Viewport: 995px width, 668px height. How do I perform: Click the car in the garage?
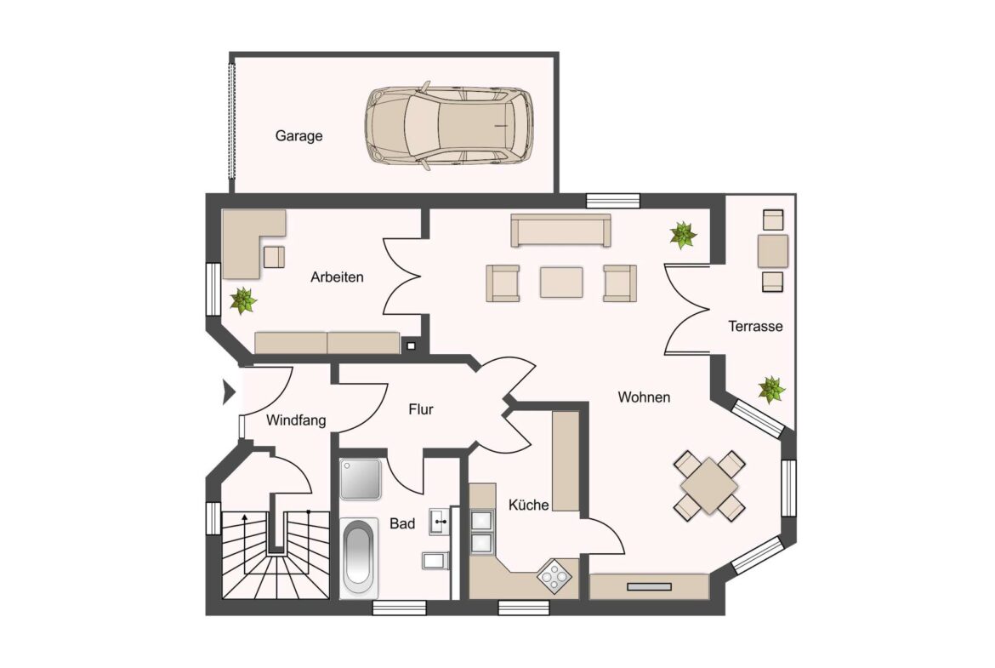(449, 126)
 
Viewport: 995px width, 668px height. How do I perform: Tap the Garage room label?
(298, 136)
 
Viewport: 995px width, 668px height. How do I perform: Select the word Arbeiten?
(337, 277)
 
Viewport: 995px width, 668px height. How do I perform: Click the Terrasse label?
(755, 327)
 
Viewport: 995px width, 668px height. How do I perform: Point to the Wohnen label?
(644, 397)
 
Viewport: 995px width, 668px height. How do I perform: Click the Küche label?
(529, 505)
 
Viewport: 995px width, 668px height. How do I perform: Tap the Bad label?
(402, 524)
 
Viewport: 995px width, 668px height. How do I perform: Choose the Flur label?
(421, 409)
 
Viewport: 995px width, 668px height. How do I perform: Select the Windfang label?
(296, 420)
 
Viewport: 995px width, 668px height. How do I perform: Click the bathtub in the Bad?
(359, 558)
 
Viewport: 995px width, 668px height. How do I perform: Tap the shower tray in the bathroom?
(361, 479)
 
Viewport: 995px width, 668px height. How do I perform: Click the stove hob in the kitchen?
(554, 577)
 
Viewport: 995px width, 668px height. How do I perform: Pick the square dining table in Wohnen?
(708, 487)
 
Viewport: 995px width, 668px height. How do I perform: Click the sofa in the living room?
(561, 230)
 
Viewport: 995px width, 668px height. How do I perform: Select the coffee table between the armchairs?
(561, 282)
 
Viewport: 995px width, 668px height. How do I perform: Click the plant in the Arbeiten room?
(242, 300)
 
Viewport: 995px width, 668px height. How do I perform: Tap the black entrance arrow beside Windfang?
(229, 392)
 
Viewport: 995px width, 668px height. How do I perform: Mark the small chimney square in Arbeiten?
(411, 346)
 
